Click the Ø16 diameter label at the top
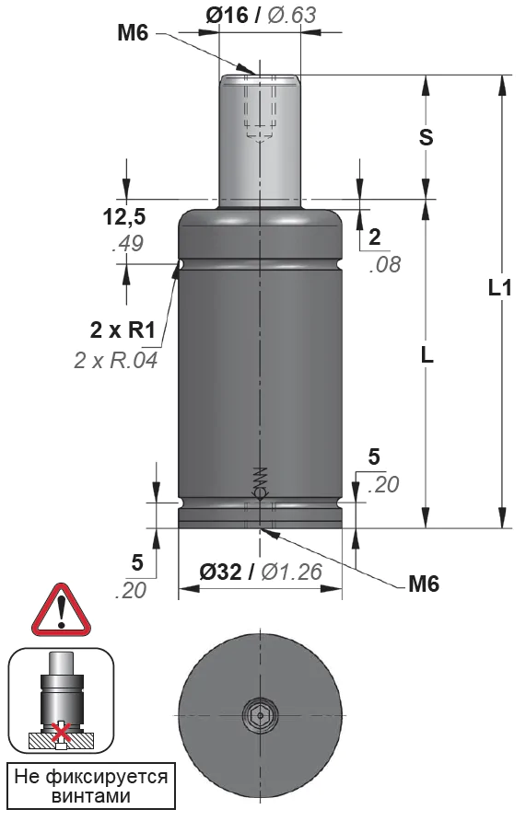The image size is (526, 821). coord(227,15)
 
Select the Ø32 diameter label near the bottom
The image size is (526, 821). coord(220,572)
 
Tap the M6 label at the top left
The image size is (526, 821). coord(133,33)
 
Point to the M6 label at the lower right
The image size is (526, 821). coord(424,584)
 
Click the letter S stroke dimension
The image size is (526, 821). coord(427,137)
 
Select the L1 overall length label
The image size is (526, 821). coord(499,287)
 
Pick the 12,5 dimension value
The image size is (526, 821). coord(124,217)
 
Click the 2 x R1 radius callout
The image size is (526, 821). coord(123,330)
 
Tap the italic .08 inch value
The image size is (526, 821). coord(385,265)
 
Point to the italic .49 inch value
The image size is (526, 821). coord(128,244)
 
